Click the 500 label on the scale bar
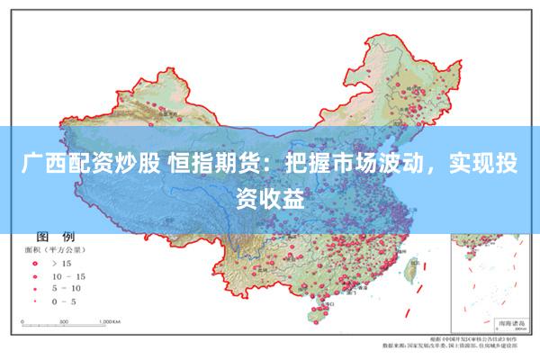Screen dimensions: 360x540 (62, 320)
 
